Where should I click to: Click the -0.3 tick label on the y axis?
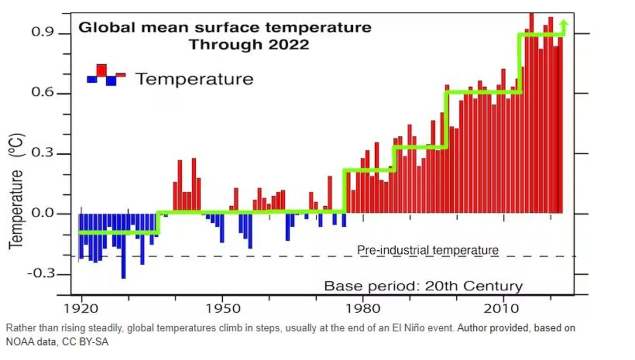pos(42,274)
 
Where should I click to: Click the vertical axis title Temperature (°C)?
pos(17,190)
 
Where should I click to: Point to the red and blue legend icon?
pos(106,75)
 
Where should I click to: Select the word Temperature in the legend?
pos(194,79)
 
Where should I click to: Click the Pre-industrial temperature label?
pos(428,250)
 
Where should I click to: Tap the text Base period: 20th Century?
pos(423,286)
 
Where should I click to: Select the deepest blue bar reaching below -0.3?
pos(123,256)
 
